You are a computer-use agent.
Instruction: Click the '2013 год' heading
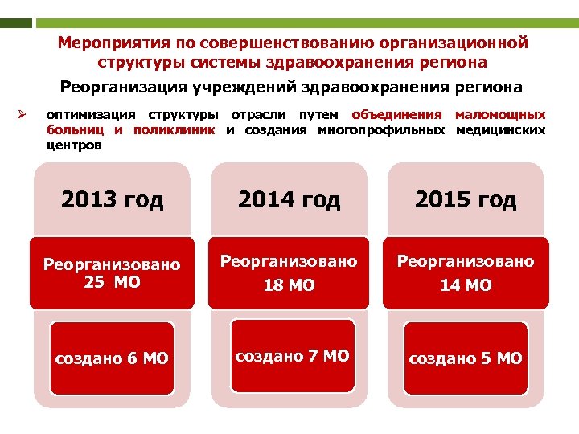click(112, 199)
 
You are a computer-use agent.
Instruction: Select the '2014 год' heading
click(289, 199)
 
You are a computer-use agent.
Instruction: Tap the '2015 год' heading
click(466, 199)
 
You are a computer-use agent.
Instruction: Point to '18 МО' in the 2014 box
click(289, 285)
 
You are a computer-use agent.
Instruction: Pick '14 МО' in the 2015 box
click(466, 285)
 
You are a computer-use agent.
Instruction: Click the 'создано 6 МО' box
click(112, 358)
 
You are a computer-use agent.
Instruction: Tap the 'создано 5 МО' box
click(466, 358)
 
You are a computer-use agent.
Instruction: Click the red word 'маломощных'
click(500, 115)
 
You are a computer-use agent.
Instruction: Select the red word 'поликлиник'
click(175, 130)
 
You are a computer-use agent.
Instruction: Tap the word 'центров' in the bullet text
click(74, 145)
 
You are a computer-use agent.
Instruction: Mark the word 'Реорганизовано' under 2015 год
click(466, 261)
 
